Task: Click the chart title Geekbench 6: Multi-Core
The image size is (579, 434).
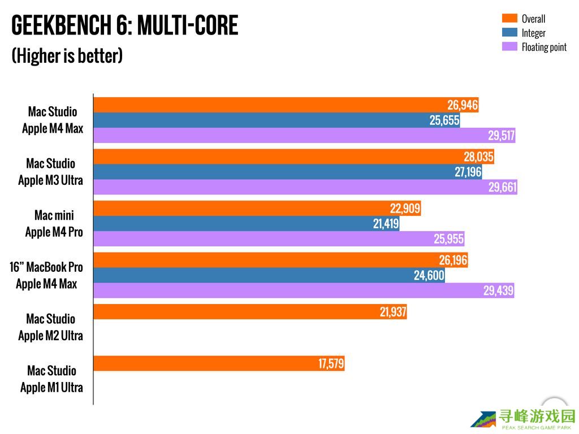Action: (x=124, y=25)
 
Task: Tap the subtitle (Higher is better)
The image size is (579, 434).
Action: (x=67, y=56)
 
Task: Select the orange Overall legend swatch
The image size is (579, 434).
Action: (x=509, y=19)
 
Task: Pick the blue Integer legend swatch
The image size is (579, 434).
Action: (x=509, y=33)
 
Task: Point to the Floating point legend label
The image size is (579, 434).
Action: (x=544, y=47)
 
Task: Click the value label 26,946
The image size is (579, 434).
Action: (x=463, y=105)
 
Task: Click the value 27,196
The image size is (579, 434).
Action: (x=468, y=172)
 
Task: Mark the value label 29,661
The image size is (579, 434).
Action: (x=502, y=188)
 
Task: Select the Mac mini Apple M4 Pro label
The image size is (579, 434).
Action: (x=54, y=223)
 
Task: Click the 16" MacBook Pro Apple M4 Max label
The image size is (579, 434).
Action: (x=46, y=275)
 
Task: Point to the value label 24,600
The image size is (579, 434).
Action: (x=429, y=276)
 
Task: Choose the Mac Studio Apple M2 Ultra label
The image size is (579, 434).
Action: (x=50, y=327)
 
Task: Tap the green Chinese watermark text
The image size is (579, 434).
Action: (x=536, y=418)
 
